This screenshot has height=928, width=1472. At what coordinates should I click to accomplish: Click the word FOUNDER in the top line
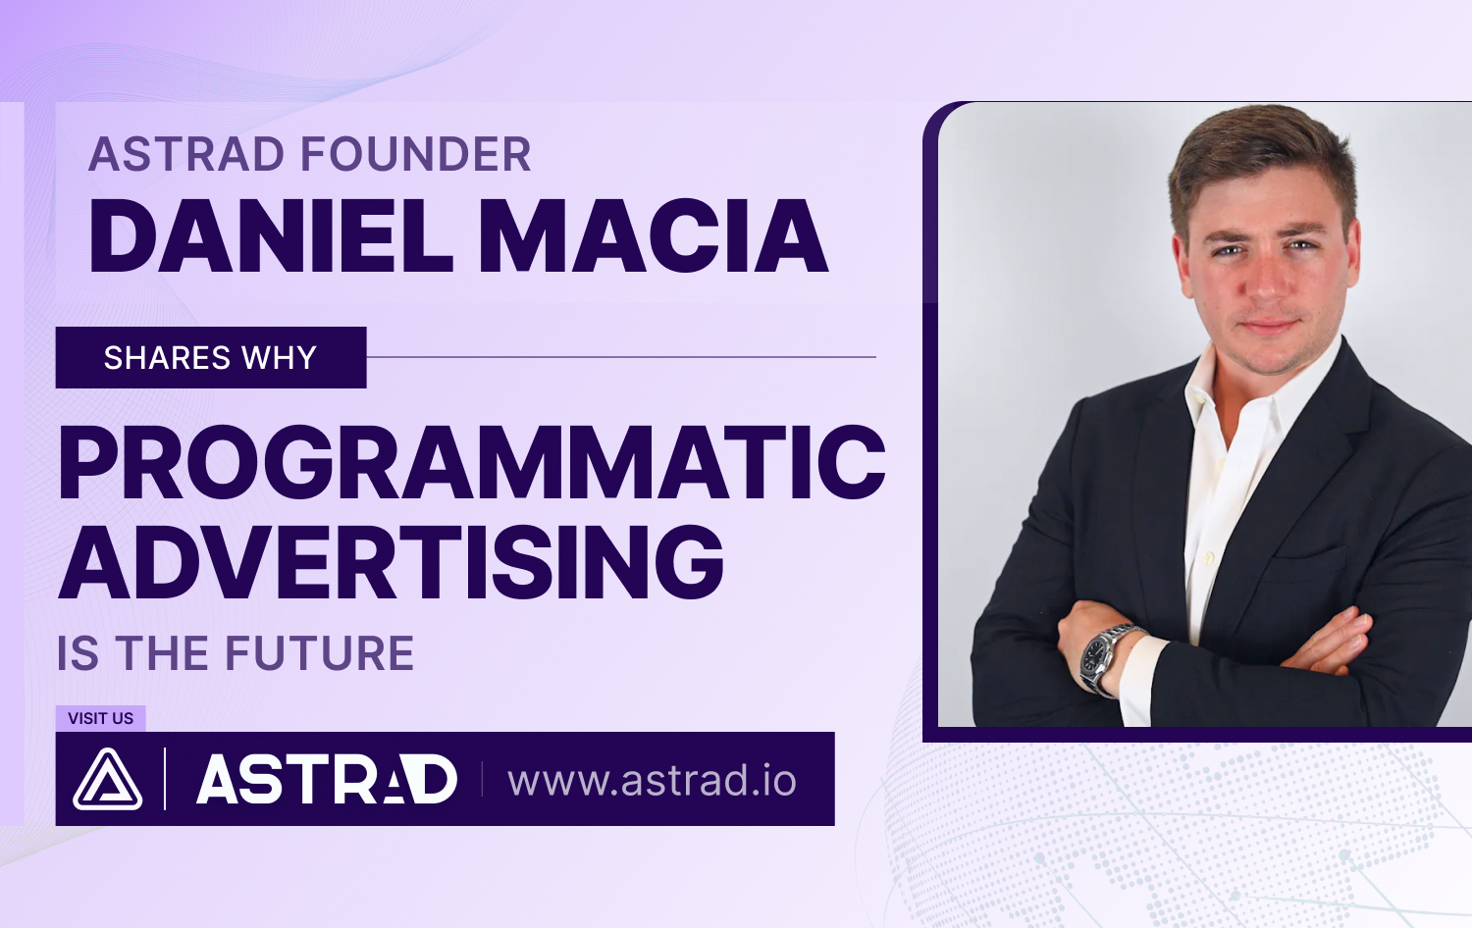pyautogui.click(x=416, y=154)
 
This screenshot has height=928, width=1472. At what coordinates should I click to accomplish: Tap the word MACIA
pyautogui.click(x=654, y=235)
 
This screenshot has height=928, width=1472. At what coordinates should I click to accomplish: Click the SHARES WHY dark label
pyautogui.click(x=211, y=357)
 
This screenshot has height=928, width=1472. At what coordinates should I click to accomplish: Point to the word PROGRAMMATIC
pyautogui.click(x=472, y=462)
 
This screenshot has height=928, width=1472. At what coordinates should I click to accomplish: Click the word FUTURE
pyautogui.click(x=319, y=652)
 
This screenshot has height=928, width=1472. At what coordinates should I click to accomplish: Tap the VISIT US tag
pyautogui.click(x=100, y=718)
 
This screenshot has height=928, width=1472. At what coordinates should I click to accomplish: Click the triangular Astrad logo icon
pyautogui.click(x=107, y=780)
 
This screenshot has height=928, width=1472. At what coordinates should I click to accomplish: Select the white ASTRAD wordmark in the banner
pyautogui.click(x=327, y=780)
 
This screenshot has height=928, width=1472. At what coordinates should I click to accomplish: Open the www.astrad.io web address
pyautogui.click(x=652, y=780)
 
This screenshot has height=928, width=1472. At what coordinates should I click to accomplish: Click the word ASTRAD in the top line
pyautogui.click(x=186, y=154)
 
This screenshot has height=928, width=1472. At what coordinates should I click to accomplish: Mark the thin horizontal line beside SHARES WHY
pyautogui.click(x=621, y=357)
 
